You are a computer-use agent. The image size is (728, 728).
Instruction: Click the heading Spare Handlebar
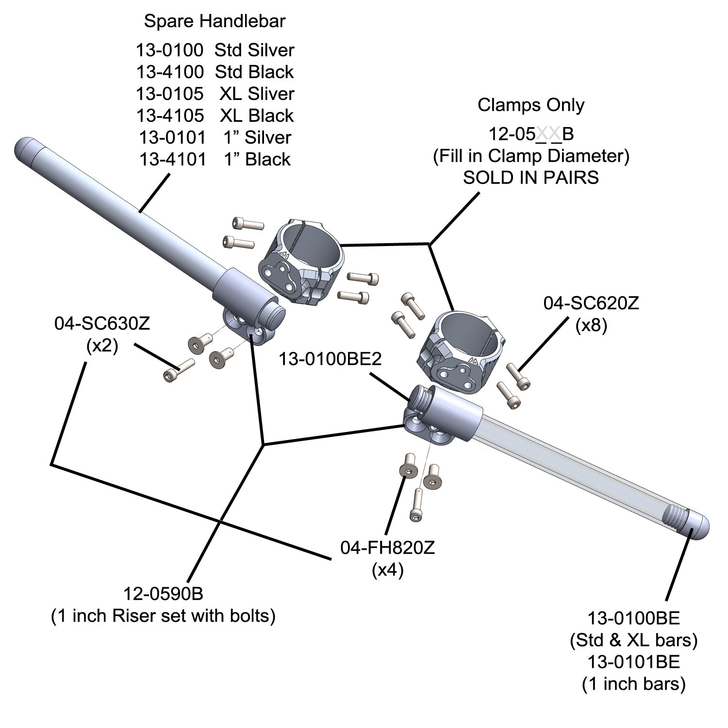tap(215, 21)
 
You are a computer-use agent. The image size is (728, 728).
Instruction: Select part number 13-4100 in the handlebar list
tap(170, 72)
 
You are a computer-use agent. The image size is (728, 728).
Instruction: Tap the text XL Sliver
tap(257, 94)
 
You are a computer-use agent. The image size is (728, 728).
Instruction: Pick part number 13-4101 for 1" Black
tap(173, 159)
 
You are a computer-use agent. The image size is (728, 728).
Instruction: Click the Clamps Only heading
tap(531, 105)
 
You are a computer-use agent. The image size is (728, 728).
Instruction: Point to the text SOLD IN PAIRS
tap(530, 178)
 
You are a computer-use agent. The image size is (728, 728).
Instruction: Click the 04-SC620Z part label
tap(591, 303)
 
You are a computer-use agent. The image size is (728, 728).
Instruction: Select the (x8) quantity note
tap(591, 325)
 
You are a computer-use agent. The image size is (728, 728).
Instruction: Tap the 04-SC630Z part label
tap(102, 324)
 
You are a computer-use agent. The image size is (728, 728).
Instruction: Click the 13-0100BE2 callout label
tap(330, 359)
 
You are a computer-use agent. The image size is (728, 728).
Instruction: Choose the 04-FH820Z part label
tap(387, 548)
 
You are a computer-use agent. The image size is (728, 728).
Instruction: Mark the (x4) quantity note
tap(387, 570)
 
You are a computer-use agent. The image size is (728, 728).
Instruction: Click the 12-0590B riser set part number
tap(163, 594)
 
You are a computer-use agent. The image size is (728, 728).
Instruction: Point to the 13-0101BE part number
tap(633, 662)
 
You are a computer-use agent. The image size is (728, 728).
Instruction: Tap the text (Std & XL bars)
tap(633, 640)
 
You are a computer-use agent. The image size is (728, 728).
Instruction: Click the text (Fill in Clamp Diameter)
tap(531, 156)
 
